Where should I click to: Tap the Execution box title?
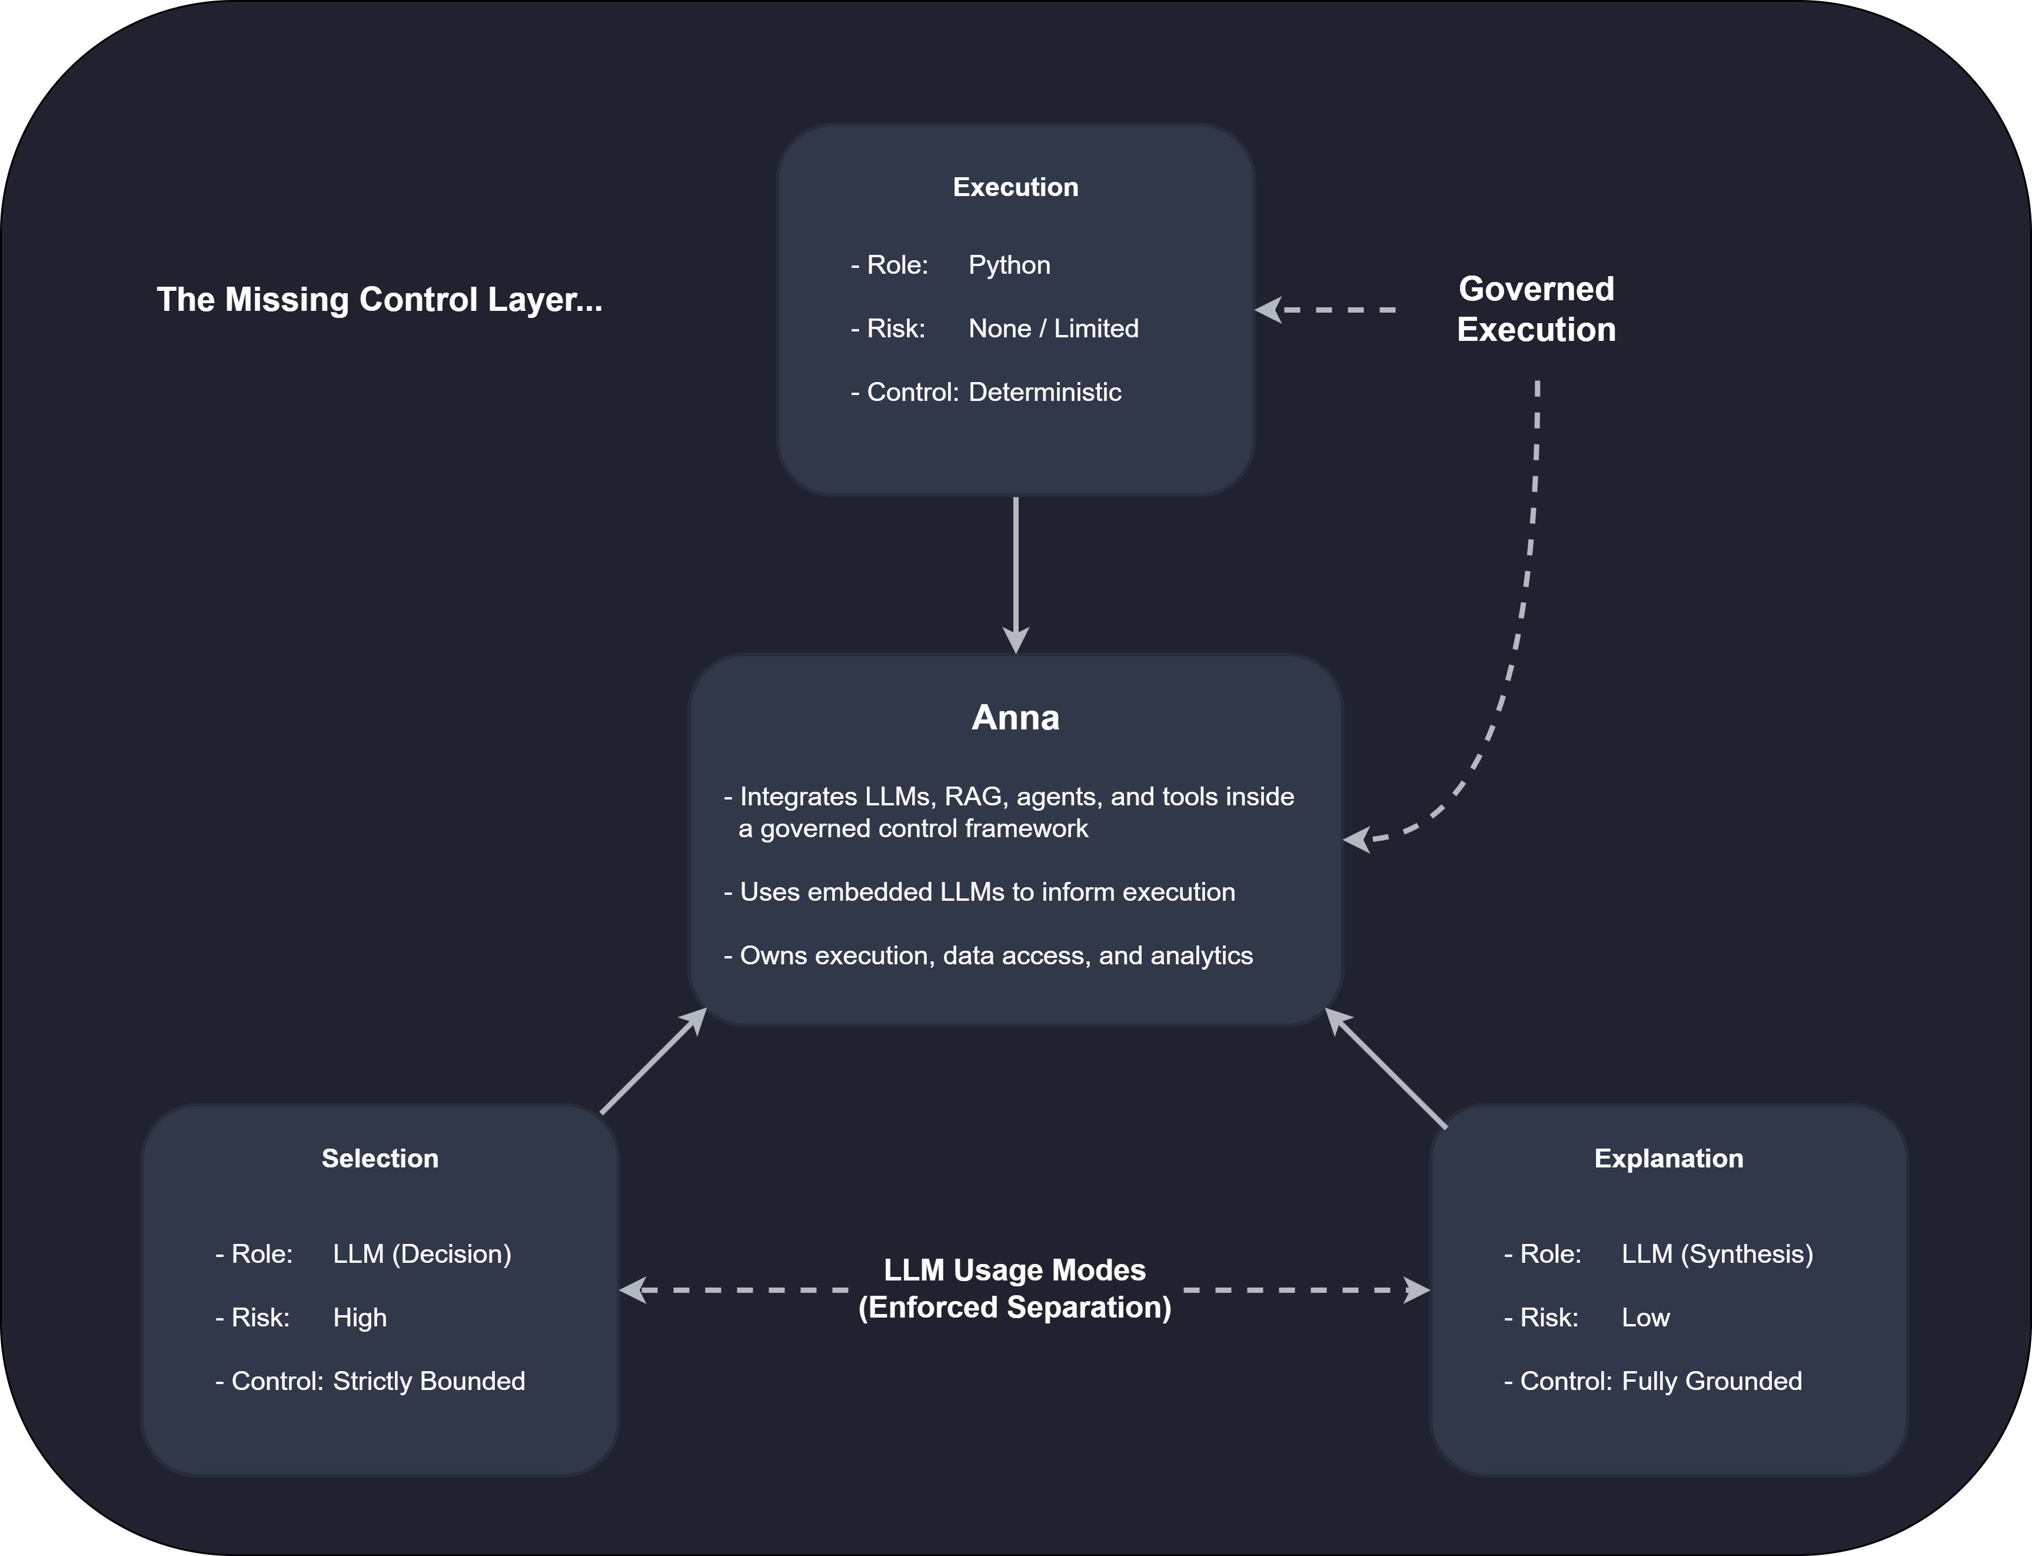point(1016,187)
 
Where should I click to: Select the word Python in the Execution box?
point(1009,265)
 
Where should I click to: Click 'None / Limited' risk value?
point(1053,329)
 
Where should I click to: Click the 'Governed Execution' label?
point(1536,309)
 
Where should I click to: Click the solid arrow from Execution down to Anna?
point(1016,574)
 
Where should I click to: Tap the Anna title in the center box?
point(1016,718)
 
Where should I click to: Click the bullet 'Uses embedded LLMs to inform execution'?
point(979,892)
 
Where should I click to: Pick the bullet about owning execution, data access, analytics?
point(988,956)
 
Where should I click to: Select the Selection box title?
point(380,1159)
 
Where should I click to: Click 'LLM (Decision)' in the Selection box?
point(422,1254)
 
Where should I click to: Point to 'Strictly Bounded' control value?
point(428,1382)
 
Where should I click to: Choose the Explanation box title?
point(1668,1159)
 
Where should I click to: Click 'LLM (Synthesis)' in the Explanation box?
point(1717,1254)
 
